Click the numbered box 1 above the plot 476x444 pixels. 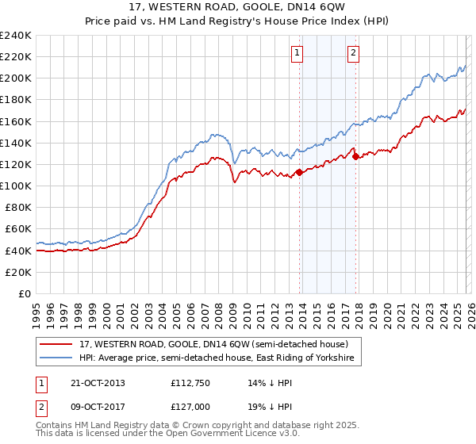click(x=297, y=53)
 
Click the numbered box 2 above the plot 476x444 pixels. click(x=352, y=53)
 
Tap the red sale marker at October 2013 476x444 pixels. click(x=299, y=172)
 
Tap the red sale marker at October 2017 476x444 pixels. click(x=355, y=156)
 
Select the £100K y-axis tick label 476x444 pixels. click(x=15, y=186)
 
